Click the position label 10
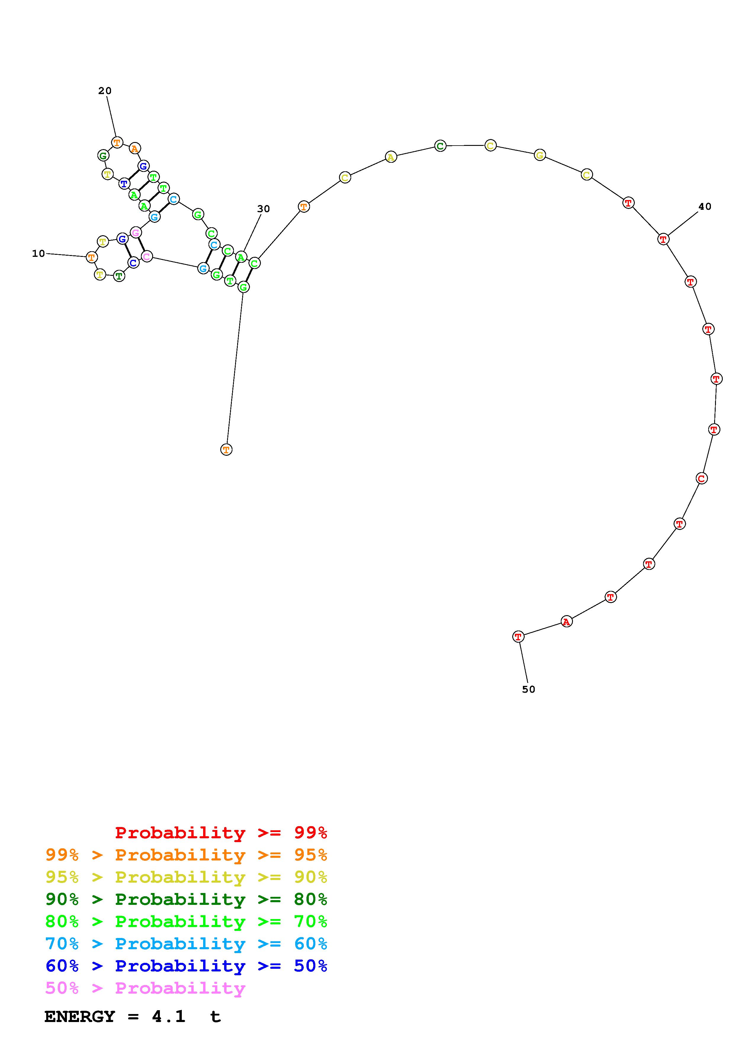(38, 254)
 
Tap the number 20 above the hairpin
(105, 91)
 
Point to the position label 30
(264, 209)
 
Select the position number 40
(705, 207)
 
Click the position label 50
(529, 689)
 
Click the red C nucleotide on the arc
(701, 478)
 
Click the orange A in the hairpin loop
(134, 148)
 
